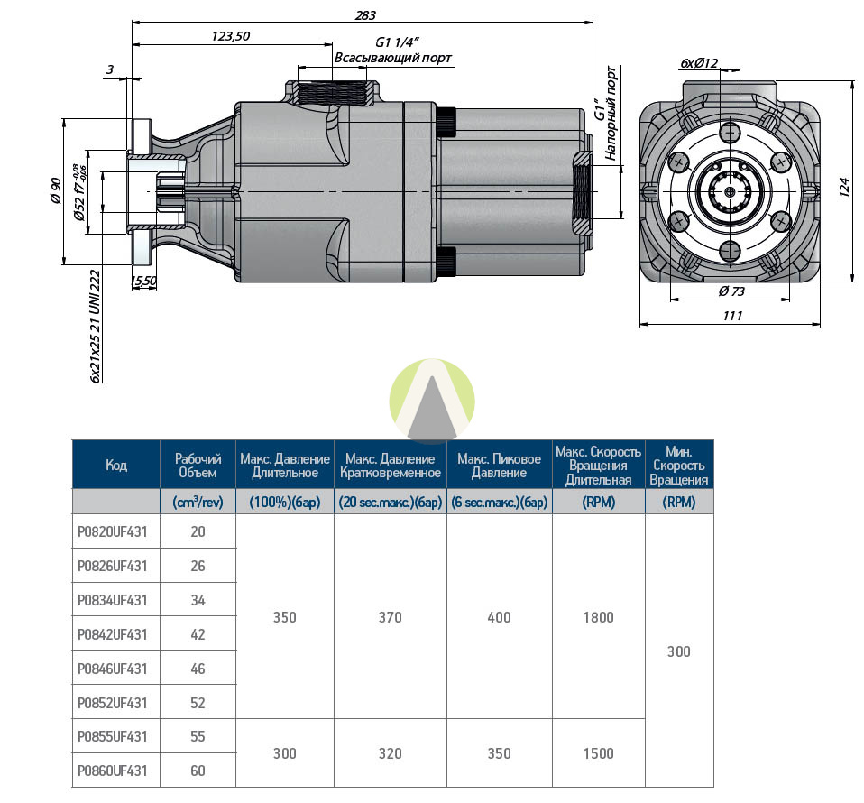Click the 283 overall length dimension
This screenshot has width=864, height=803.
tap(365, 14)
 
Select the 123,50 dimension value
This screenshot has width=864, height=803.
tap(230, 36)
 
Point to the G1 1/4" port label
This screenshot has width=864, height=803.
tap(398, 42)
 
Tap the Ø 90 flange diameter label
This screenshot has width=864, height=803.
tap(56, 190)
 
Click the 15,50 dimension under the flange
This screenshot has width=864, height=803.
tap(143, 282)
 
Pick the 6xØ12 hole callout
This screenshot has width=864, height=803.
tap(699, 63)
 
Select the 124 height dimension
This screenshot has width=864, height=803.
tap(844, 187)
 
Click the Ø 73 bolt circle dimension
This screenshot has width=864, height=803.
tap(731, 291)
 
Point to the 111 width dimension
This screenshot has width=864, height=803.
tap(733, 316)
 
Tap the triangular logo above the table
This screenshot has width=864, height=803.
tap(432, 401)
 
